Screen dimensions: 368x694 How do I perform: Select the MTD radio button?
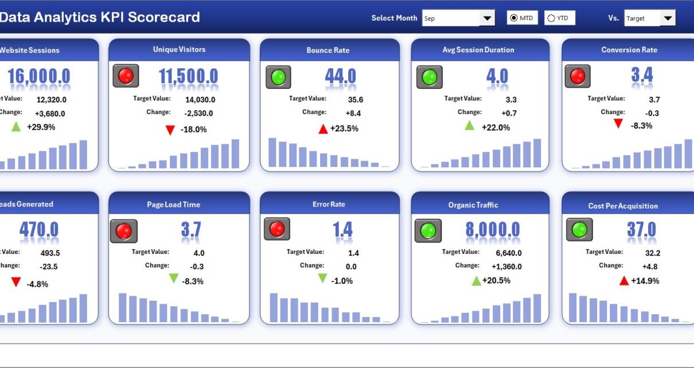pos(513,18)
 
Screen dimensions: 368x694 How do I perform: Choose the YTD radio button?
pos(551,18)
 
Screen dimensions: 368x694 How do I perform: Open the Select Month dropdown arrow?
pos(487,18)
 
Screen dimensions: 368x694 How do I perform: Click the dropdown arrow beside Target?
pos(668,18)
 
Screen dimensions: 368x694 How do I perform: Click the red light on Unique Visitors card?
pos(126,76)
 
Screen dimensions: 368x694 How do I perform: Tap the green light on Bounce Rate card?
pos(278,77)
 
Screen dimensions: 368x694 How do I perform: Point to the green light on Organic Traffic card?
pos(428,230)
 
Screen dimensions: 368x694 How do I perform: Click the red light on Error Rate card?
pos(277,229)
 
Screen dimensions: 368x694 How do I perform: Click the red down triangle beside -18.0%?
pos(170,130)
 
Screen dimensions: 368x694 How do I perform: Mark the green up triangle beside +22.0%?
pos(470,126)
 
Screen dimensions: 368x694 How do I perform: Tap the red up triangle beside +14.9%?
pos(624,280)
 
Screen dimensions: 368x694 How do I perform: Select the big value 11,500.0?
pos(189,77)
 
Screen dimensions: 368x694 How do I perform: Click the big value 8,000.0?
pos(493,230)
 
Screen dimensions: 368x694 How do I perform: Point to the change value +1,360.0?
pos(506,267)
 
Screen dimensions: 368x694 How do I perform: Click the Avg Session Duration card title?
pos(478,50)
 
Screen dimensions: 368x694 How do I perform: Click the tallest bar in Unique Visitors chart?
pos(235,154)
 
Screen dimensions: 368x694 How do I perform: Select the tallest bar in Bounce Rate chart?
pos(272,152)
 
